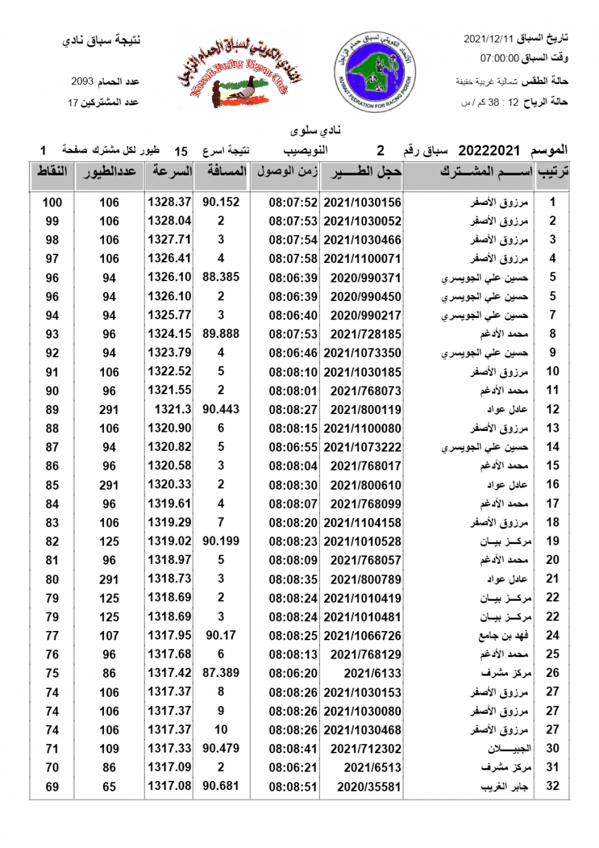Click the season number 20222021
pyautogui.click(x=489, y=151)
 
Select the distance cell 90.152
pyautogui.click(x=221, y=202)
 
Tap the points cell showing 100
pyautogui.click(x=52, y=202)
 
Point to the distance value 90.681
pyautogui.click(x=221, y=786)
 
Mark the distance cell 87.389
pyautogui.click(x=221, y=672)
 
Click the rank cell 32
pyautogui.click(x=553, y=786)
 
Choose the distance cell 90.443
pyautogui.click(x=221, y=409)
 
